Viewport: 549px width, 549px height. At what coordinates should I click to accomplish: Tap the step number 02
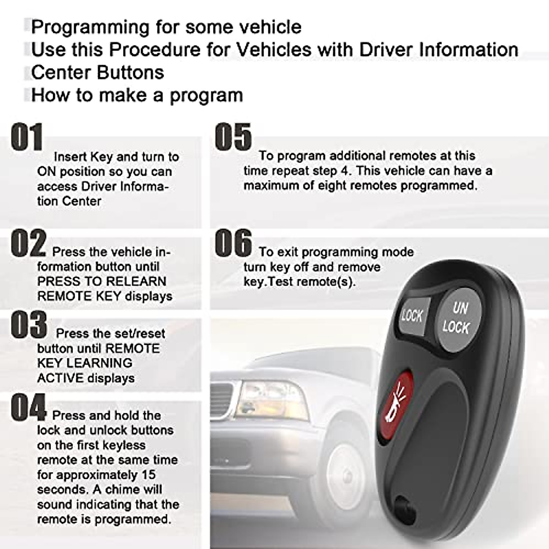(28, 243)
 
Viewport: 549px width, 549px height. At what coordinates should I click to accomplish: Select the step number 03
(28, 324)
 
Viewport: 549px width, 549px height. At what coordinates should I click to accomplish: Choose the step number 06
(233, 243)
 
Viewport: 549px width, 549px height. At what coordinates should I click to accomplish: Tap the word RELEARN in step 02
(140, 281)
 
